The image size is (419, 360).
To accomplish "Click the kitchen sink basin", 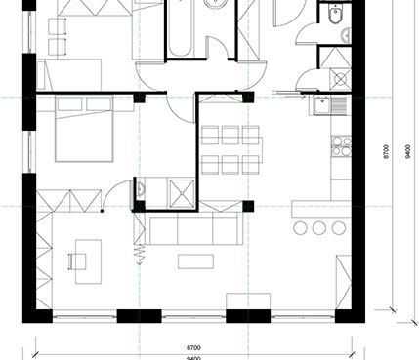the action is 322,106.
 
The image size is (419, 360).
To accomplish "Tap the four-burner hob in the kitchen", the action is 341,146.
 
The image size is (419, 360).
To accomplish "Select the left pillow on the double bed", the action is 69,104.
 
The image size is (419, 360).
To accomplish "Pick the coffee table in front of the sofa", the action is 195,261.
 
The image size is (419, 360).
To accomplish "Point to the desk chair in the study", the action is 77,261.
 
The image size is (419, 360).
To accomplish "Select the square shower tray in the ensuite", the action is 182,193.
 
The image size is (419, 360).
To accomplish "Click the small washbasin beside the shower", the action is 141,188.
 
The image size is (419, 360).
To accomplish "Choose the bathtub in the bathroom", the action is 180,28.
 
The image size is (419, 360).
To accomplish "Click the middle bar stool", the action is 319,228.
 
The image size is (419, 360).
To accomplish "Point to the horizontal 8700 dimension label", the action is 193,348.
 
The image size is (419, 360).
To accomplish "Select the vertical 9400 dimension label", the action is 408,151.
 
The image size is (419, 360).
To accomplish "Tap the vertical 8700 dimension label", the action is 386,151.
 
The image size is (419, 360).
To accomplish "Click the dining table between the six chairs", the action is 230,150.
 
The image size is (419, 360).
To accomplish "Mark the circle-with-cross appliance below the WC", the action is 341,79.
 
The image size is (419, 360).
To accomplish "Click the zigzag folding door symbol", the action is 141,254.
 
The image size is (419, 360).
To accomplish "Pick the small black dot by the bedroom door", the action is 102,211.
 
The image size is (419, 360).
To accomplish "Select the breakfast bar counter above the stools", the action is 321,209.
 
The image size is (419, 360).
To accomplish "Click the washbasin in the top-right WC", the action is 347,35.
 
